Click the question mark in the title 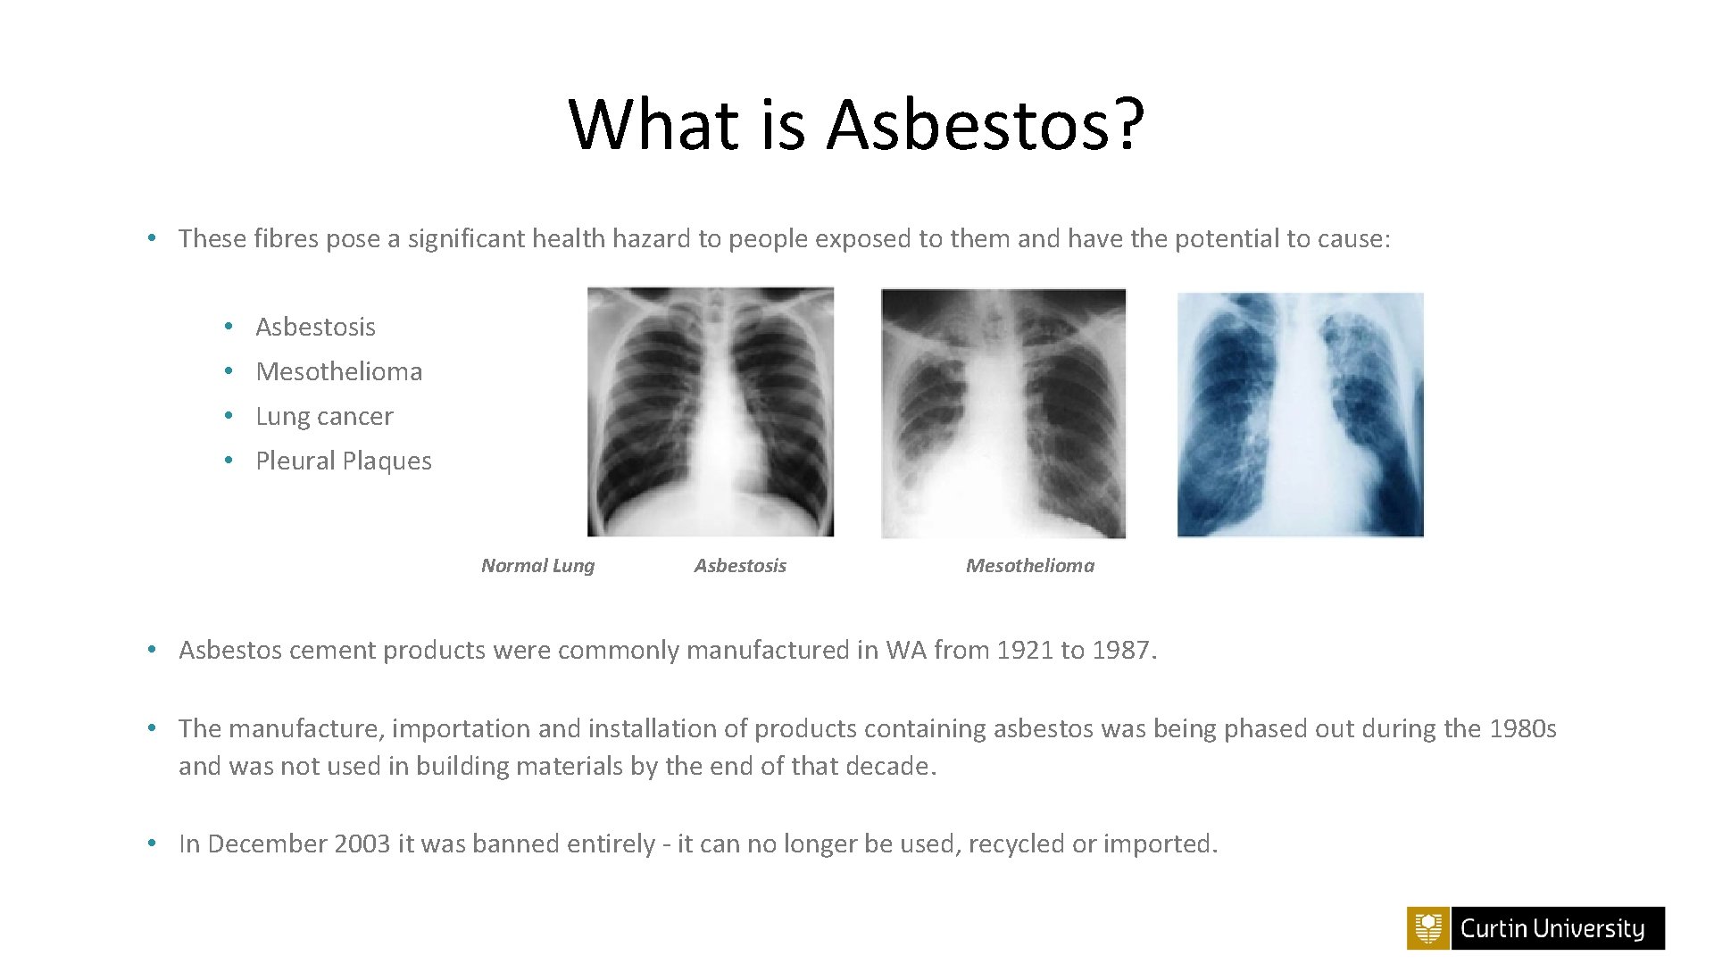1128,124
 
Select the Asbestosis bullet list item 315,327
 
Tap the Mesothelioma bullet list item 338,371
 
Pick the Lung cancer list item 324,416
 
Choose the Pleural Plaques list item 344,461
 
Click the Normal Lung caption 537,565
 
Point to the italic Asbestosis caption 740,565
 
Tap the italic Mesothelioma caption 1029,565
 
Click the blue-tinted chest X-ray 1300,415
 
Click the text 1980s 1523,728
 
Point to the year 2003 362,843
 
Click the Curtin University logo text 1552,928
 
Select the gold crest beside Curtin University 1428,928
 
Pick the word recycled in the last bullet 1016,843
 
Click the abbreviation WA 906,650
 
